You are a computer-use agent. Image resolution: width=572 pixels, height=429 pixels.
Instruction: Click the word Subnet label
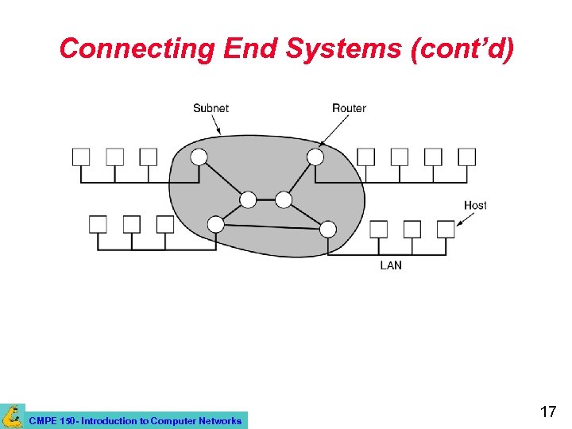tap(211, 108)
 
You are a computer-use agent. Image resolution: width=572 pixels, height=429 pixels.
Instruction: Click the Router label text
tap(349, 108)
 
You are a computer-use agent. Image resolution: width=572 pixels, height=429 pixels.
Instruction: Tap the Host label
tap(475, 205)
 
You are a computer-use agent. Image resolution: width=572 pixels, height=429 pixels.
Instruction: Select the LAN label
tap(391, 265)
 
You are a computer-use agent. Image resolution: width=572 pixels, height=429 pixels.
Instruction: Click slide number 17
tap(547, 412)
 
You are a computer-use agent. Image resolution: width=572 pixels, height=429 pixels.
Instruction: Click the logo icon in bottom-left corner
tap(12, 416)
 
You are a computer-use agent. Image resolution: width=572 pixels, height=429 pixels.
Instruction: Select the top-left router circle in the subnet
tap(199, 157)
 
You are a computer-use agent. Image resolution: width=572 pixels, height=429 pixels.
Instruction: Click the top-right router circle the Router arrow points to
tap(315, 157)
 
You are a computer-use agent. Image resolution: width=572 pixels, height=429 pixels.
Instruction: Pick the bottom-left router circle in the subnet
tap(215, 224)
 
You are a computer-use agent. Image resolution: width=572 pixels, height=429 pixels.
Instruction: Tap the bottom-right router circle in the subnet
tap(328, 229)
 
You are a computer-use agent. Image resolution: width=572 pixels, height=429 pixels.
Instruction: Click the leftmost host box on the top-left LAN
tap(81, 157)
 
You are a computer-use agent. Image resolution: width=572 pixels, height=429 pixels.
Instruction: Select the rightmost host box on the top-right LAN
tap(466, 157)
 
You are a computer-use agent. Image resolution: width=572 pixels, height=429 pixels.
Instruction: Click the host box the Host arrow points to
tap(446, 229)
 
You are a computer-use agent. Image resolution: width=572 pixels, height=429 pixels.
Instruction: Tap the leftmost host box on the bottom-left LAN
tap(98, 224)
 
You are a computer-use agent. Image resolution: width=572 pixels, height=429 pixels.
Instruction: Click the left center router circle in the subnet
tap(249, 199)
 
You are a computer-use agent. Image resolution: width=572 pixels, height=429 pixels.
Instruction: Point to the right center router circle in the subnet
tap(284, 199)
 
